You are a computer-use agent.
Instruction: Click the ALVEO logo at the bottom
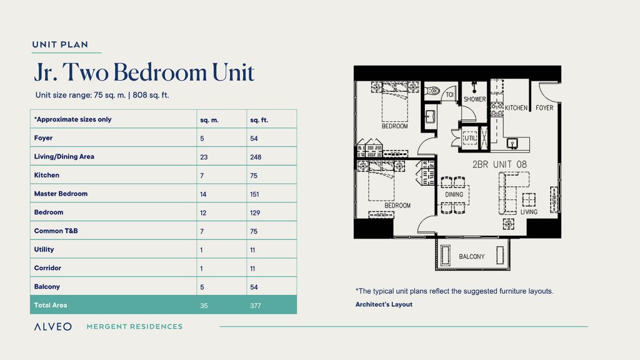(52, 326)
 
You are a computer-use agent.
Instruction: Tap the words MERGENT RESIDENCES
(134, 326)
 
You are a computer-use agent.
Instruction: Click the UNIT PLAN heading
(59, 44)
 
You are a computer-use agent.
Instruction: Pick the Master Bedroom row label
(61, 194)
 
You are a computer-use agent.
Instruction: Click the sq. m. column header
(209, 119)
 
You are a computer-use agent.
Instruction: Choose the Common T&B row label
(56, 231)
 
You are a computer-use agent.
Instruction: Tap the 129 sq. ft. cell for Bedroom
(254, 212)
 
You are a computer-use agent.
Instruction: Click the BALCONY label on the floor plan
(471, 257)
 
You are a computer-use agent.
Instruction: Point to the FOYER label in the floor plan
(544, 108)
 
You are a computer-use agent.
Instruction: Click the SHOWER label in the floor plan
(474, 99)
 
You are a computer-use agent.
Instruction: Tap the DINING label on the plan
(454, 194)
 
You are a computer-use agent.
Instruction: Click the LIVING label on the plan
(529, 212)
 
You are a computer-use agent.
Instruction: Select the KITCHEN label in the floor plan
(516, 108)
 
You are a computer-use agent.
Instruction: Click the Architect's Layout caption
(384, 304)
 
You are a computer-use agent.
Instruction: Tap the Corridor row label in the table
(47, 268)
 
